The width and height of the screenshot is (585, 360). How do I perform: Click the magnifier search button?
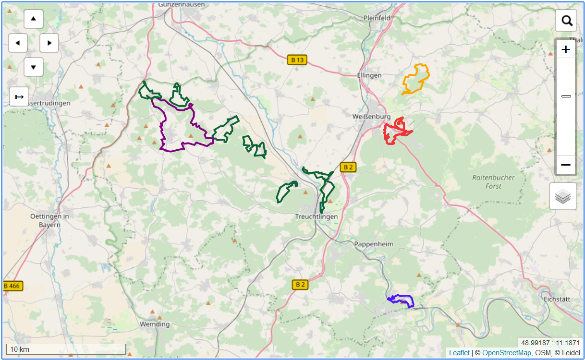point(566,21)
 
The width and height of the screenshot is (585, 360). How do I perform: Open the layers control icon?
point(563,196)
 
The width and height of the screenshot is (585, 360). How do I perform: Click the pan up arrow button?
point(33,19)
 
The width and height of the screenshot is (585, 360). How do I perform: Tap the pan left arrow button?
point(18,43)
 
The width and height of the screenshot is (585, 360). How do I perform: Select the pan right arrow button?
point(49,43)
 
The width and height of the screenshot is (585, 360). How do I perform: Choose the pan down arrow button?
point(33,67)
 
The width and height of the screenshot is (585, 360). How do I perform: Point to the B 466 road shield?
point(12,286)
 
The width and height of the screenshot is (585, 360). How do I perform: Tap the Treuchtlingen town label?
point(317,216)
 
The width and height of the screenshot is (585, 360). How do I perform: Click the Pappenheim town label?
point(373,244)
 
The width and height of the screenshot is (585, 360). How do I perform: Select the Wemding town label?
point(155,324)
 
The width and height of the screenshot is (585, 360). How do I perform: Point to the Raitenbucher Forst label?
point(493,182)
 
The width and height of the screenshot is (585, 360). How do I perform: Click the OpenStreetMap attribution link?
point(506,353)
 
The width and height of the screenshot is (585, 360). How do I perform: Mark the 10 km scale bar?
point(66,349)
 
